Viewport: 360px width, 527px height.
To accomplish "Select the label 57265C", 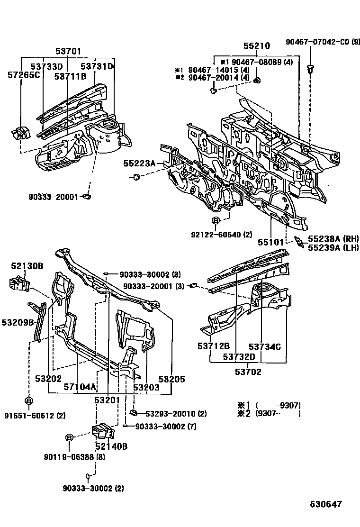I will pos(24,74).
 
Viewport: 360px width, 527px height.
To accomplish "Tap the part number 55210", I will pos(257,46).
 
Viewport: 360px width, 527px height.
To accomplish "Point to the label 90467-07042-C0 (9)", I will pos(323,42).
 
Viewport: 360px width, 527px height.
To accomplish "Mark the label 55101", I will pos(270,242).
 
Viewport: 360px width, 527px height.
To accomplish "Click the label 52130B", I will pos(27,266).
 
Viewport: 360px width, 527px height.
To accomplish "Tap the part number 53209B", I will pos(18,322).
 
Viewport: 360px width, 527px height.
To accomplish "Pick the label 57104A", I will pos(80,387).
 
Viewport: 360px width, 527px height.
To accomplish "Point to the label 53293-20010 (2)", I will pos(176,414).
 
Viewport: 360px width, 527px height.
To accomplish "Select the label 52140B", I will pos(111,446).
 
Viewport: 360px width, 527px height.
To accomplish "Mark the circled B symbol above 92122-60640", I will pos(216,221).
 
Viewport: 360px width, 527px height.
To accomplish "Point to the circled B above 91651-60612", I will pos(28,401).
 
